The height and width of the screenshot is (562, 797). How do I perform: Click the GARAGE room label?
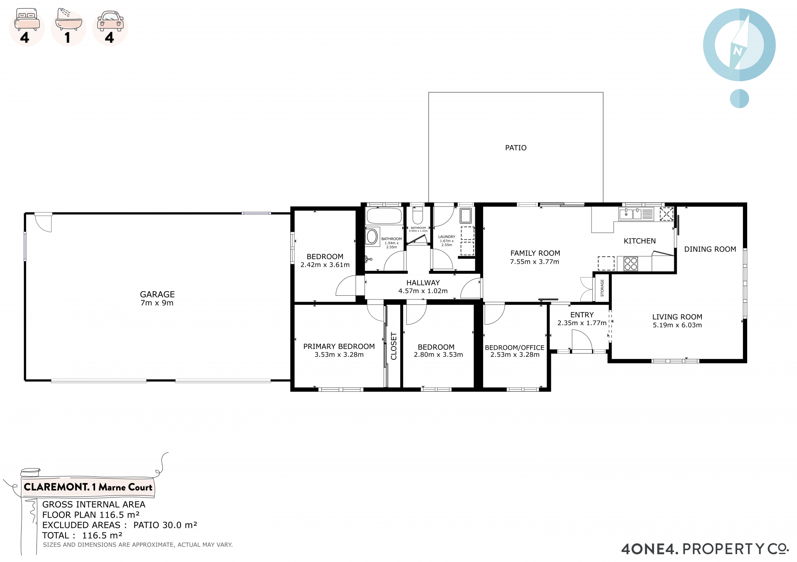(157, 294)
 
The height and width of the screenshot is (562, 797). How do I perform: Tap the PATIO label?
(516, 148)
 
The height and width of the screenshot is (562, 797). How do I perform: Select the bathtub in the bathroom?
(384, 216)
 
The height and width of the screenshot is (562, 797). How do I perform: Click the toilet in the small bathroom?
(418, 215)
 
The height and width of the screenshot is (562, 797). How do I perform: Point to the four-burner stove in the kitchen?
(631, 264)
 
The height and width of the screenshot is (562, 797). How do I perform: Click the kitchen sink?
(630, 214)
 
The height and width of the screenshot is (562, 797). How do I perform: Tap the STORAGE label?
(602, 288)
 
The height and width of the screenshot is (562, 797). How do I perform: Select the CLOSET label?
(394, 346)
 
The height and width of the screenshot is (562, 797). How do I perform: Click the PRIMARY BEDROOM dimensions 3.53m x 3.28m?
(339, 355)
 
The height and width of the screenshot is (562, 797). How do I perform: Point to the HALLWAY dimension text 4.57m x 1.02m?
(423, 291)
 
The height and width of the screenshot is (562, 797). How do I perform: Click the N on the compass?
(737, 51)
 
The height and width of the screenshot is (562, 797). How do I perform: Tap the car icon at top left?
(110, 21)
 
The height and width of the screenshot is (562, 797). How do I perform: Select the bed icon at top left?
(27, 20)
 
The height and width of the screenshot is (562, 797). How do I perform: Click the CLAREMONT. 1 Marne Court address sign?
(88, 487)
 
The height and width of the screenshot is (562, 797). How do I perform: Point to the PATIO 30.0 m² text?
(165, 525)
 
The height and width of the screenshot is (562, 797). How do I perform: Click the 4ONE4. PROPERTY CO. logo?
(705, 549)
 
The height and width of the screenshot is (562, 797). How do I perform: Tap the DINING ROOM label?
(710, 249)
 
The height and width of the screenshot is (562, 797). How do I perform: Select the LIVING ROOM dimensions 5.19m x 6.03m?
(677, 325)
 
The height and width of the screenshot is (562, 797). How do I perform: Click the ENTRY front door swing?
(582, 340)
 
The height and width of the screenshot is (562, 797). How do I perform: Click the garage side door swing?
(43, 223)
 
